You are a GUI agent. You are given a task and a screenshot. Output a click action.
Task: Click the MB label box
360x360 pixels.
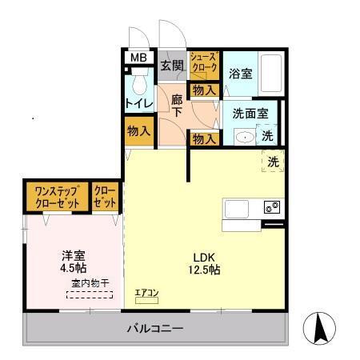coord(139,57)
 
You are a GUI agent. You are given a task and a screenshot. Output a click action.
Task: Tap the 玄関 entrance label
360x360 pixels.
coord(171,65)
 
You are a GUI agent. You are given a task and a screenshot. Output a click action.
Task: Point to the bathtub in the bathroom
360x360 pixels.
coord(271,73)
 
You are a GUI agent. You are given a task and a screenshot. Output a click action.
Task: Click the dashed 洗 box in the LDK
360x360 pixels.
coord(273,161)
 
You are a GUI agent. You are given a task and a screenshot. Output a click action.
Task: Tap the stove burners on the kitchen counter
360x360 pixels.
coord(272,208)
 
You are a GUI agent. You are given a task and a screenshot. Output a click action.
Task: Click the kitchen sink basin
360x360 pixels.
coord(238,209)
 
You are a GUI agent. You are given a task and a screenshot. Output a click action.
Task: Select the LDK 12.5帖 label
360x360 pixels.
coord(206,264)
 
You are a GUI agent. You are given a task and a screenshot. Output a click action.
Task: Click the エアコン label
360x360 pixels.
coord(146,294)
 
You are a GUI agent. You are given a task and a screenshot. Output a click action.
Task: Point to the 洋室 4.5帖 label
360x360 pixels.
coord(73,262)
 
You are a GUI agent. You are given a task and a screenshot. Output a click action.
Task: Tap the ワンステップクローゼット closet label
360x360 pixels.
coord(55,198)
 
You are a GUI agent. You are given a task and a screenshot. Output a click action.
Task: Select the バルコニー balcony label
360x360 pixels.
coord(156,329)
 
